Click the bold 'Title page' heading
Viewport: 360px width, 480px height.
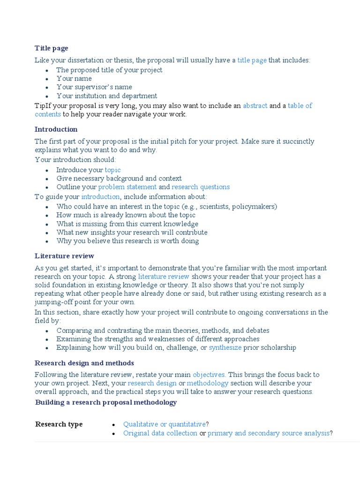[51, 48]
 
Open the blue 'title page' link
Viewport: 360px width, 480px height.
[252, 60]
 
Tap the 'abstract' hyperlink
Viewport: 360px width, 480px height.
[255, 106]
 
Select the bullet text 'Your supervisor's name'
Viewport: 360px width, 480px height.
[94, 87]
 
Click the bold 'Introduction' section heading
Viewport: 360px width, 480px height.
[56, 129]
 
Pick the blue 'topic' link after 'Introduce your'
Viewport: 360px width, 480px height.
[112, 170]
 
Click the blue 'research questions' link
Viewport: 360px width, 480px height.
[201, 187]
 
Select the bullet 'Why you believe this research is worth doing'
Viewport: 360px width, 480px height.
[127, 241]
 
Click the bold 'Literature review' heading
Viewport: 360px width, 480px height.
[64, 256]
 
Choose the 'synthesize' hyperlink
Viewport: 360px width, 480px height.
[225, 348]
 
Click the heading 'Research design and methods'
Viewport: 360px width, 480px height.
[84, 363]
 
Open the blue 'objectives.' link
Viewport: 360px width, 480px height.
[209, 375]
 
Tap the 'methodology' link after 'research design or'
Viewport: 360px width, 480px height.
[208, 383]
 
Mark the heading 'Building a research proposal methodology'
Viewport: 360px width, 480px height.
[106, 403]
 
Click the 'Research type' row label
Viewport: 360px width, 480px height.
[59, 424]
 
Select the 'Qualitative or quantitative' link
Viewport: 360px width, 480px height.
[164, 424]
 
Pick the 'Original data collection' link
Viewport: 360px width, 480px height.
[160, 433]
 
